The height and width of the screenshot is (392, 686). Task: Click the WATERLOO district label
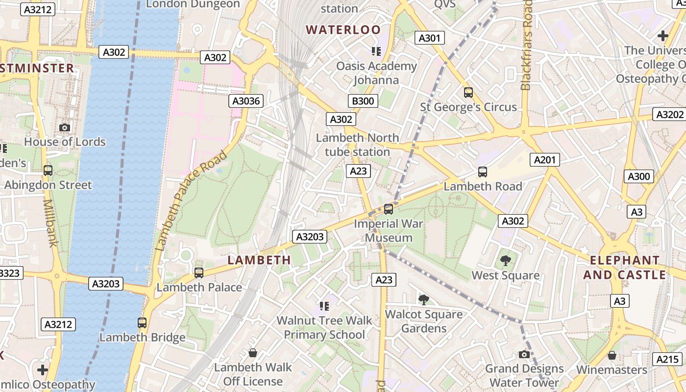pos(343,30)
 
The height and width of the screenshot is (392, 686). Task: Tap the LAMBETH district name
pos(259,260)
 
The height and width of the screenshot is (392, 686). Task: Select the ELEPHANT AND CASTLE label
pos(624,268)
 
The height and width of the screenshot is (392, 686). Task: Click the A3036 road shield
pos(246,101)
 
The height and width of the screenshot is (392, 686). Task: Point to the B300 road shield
pos(363,101)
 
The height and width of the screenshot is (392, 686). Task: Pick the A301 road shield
pos(429,38)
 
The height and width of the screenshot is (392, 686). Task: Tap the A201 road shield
pos(544,160)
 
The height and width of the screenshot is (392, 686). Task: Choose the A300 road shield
pos(638,176)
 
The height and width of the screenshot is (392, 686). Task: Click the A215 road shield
pos(667,359)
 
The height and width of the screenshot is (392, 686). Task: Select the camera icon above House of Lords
pos(64,127)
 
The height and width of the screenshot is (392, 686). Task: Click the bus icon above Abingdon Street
pos(48,171)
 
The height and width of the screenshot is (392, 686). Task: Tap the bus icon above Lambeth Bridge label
pos(142,323)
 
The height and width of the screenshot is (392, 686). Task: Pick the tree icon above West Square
pos(505,261)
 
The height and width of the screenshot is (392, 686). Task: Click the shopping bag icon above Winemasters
pos(612,355)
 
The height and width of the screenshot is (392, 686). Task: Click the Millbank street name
pos(49,223)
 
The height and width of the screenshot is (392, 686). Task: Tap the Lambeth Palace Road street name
pos(191,201)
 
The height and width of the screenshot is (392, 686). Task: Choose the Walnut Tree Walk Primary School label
pos(324,328)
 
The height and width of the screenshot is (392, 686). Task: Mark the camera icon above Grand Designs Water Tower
pos(524,354)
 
